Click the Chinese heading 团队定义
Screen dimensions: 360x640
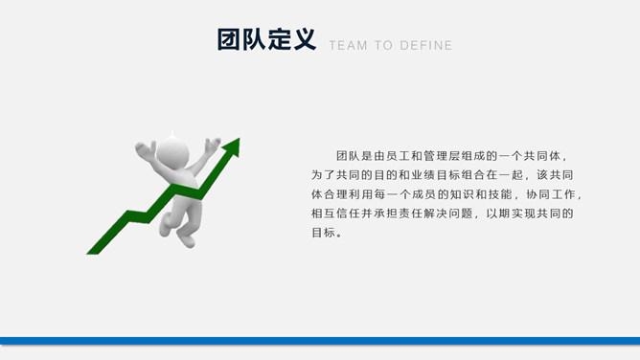(266, 40)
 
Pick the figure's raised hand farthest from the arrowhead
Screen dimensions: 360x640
(145, 149)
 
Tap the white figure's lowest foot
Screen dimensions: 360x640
(186, 239)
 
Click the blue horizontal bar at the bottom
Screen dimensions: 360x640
(320, 340)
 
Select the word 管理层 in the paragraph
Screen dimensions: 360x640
(458, 155)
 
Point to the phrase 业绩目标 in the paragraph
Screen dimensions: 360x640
(445, 175)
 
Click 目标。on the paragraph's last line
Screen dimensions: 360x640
(326, 233)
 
